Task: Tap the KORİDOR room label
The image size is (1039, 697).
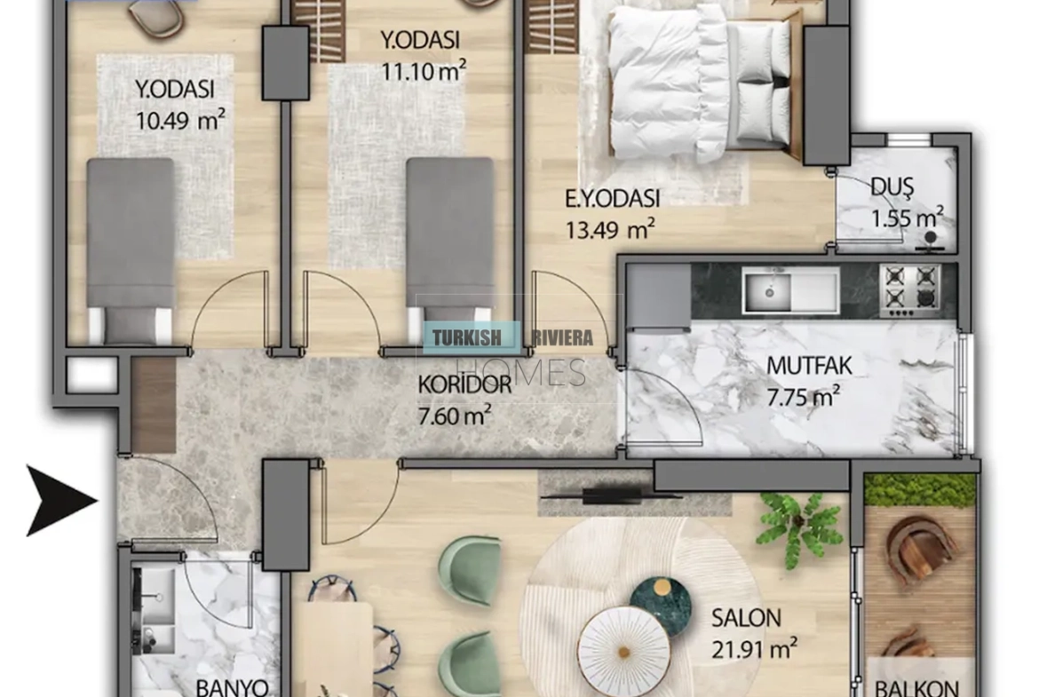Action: [464, 384]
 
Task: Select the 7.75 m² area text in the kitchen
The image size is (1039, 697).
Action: [803, 396]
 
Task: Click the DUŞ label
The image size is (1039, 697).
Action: [892, 186]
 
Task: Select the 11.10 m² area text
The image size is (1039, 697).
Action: [424, 70]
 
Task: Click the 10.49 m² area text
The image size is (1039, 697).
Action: [180, 120]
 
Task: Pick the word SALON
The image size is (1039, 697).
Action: [746, 618]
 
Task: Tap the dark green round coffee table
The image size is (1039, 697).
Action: [660, 606]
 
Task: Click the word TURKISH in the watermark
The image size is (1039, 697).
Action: [467, 338]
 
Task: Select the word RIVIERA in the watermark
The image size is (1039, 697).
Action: [562, 338]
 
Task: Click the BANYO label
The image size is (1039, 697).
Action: [232, 687]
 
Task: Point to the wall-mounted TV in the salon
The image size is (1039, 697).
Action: [611, 495]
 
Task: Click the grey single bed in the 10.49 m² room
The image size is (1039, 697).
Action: [131, 249]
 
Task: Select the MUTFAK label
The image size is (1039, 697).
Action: [809, 365]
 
